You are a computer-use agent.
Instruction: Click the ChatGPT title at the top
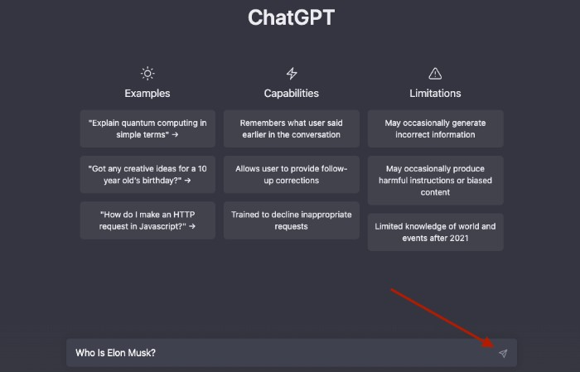pos(291,18)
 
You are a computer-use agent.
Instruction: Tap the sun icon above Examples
pos(147,73)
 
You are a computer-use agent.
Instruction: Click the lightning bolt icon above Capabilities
pos(291,73)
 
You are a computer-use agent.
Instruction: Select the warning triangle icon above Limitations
pos(435,73)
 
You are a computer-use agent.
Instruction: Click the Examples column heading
pos(147,93)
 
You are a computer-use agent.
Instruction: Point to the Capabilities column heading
pos(291,93)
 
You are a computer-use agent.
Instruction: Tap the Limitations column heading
pos(435,93)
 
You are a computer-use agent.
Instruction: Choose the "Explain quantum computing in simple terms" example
pos(147,128)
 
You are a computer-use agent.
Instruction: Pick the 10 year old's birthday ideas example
pos(147,174)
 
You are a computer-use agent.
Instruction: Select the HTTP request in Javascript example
pos(147,220)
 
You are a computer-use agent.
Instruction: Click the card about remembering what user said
pos(291,128)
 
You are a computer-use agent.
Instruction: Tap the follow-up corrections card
pos(291,174)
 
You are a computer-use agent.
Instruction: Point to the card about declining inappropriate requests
pos(291,220)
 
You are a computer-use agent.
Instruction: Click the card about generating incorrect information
pos(435,128)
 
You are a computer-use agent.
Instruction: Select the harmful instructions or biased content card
pos(435,180)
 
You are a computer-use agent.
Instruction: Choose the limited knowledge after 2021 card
pos(435,232)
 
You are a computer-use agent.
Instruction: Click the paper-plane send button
pos(502,354)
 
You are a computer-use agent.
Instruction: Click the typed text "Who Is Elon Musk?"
pos(115,354)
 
